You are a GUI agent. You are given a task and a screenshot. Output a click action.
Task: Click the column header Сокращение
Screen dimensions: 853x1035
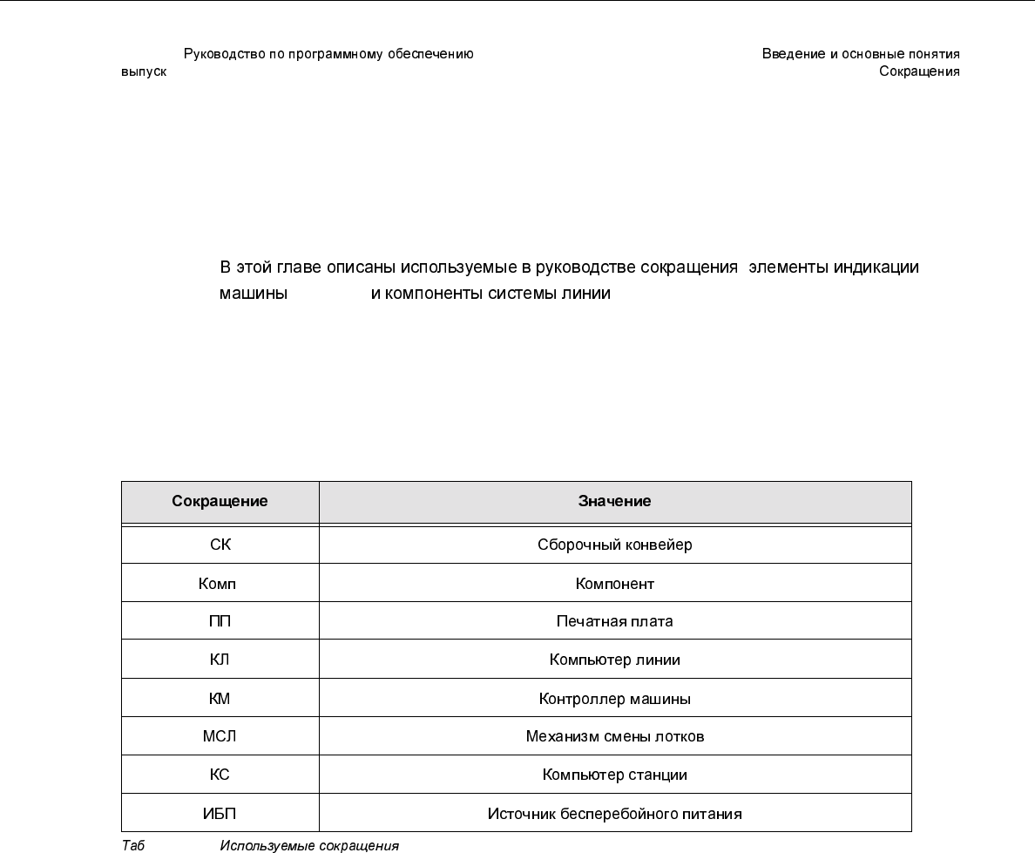coord(220,502)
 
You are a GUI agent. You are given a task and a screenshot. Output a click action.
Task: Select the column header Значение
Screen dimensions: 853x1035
coord(614,502)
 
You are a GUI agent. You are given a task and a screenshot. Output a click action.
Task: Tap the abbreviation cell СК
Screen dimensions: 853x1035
coord(220,545)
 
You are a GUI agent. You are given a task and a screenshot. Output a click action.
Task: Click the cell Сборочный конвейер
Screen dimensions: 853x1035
coord(614,545)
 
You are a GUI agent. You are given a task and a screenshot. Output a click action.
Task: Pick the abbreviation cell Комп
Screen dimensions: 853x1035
coord(217,584)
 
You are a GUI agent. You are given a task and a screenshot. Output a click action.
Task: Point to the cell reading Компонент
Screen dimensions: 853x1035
coord(614,584)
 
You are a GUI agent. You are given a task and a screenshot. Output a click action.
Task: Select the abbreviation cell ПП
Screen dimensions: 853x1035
coord(220,622)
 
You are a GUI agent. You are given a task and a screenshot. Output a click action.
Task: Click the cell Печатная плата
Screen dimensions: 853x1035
coord(614,622)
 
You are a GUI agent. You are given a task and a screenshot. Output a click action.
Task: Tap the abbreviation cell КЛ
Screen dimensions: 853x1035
coord(220,660)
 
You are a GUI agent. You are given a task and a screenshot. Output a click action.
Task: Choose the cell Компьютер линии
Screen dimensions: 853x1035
coord(614,660)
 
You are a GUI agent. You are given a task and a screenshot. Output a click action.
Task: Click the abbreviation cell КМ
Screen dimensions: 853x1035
coord(220,699)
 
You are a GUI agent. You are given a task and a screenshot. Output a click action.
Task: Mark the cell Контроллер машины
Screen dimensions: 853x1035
coord(614,699)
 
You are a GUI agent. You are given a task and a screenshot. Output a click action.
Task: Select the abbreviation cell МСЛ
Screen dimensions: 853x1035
coord(220,737)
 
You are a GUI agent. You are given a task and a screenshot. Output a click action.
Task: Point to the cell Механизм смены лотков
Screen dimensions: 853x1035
coord(614,737)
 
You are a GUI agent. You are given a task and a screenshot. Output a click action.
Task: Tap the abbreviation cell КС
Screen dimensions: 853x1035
coord(220,775)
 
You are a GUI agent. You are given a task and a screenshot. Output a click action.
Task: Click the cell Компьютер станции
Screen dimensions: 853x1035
coord(614,775)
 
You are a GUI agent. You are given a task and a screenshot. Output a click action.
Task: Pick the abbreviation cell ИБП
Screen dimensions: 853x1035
coord(220,815)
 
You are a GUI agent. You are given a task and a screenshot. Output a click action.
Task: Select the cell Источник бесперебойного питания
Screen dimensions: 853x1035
coord(614,815)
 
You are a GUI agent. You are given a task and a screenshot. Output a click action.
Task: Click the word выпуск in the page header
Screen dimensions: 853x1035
coord(144,72)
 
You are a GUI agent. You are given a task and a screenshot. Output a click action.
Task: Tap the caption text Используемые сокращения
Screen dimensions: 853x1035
coord(309,846)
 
